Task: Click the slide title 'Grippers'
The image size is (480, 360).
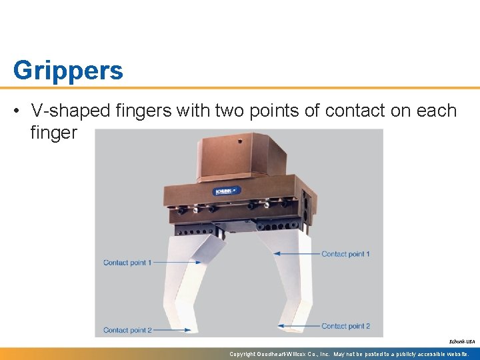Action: tap(68, 70)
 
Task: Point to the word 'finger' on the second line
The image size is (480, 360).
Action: tap(54, 133)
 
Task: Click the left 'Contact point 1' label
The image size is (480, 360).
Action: tap(128, 263)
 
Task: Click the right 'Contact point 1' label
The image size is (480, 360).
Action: tap(345, 254)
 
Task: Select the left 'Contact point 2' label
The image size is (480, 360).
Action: tap(128, 330)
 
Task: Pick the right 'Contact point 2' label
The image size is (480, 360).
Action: tap(345, 326)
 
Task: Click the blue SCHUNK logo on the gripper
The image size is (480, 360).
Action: tap(223, 192)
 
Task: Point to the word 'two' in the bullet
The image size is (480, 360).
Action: tap(230, 111)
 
